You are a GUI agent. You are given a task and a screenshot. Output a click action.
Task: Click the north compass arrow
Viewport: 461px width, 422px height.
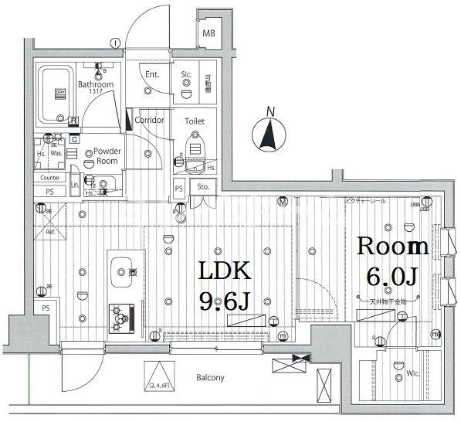point(269,136)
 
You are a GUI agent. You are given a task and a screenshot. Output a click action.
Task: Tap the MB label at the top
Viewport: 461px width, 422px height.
point(209,34)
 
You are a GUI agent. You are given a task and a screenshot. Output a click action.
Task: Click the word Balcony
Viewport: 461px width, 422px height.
point(208,378)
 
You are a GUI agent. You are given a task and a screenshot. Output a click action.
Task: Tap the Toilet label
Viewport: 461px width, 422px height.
point(195,121)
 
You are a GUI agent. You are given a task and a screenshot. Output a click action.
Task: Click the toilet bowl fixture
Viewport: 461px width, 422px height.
point(194,147)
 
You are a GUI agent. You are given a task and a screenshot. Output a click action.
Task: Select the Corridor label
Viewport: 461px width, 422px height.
point(149,121)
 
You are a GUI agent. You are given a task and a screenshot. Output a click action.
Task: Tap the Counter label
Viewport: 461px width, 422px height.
point(51,178)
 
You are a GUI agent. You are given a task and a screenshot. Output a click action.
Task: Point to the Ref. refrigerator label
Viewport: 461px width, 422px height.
point(50,232)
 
